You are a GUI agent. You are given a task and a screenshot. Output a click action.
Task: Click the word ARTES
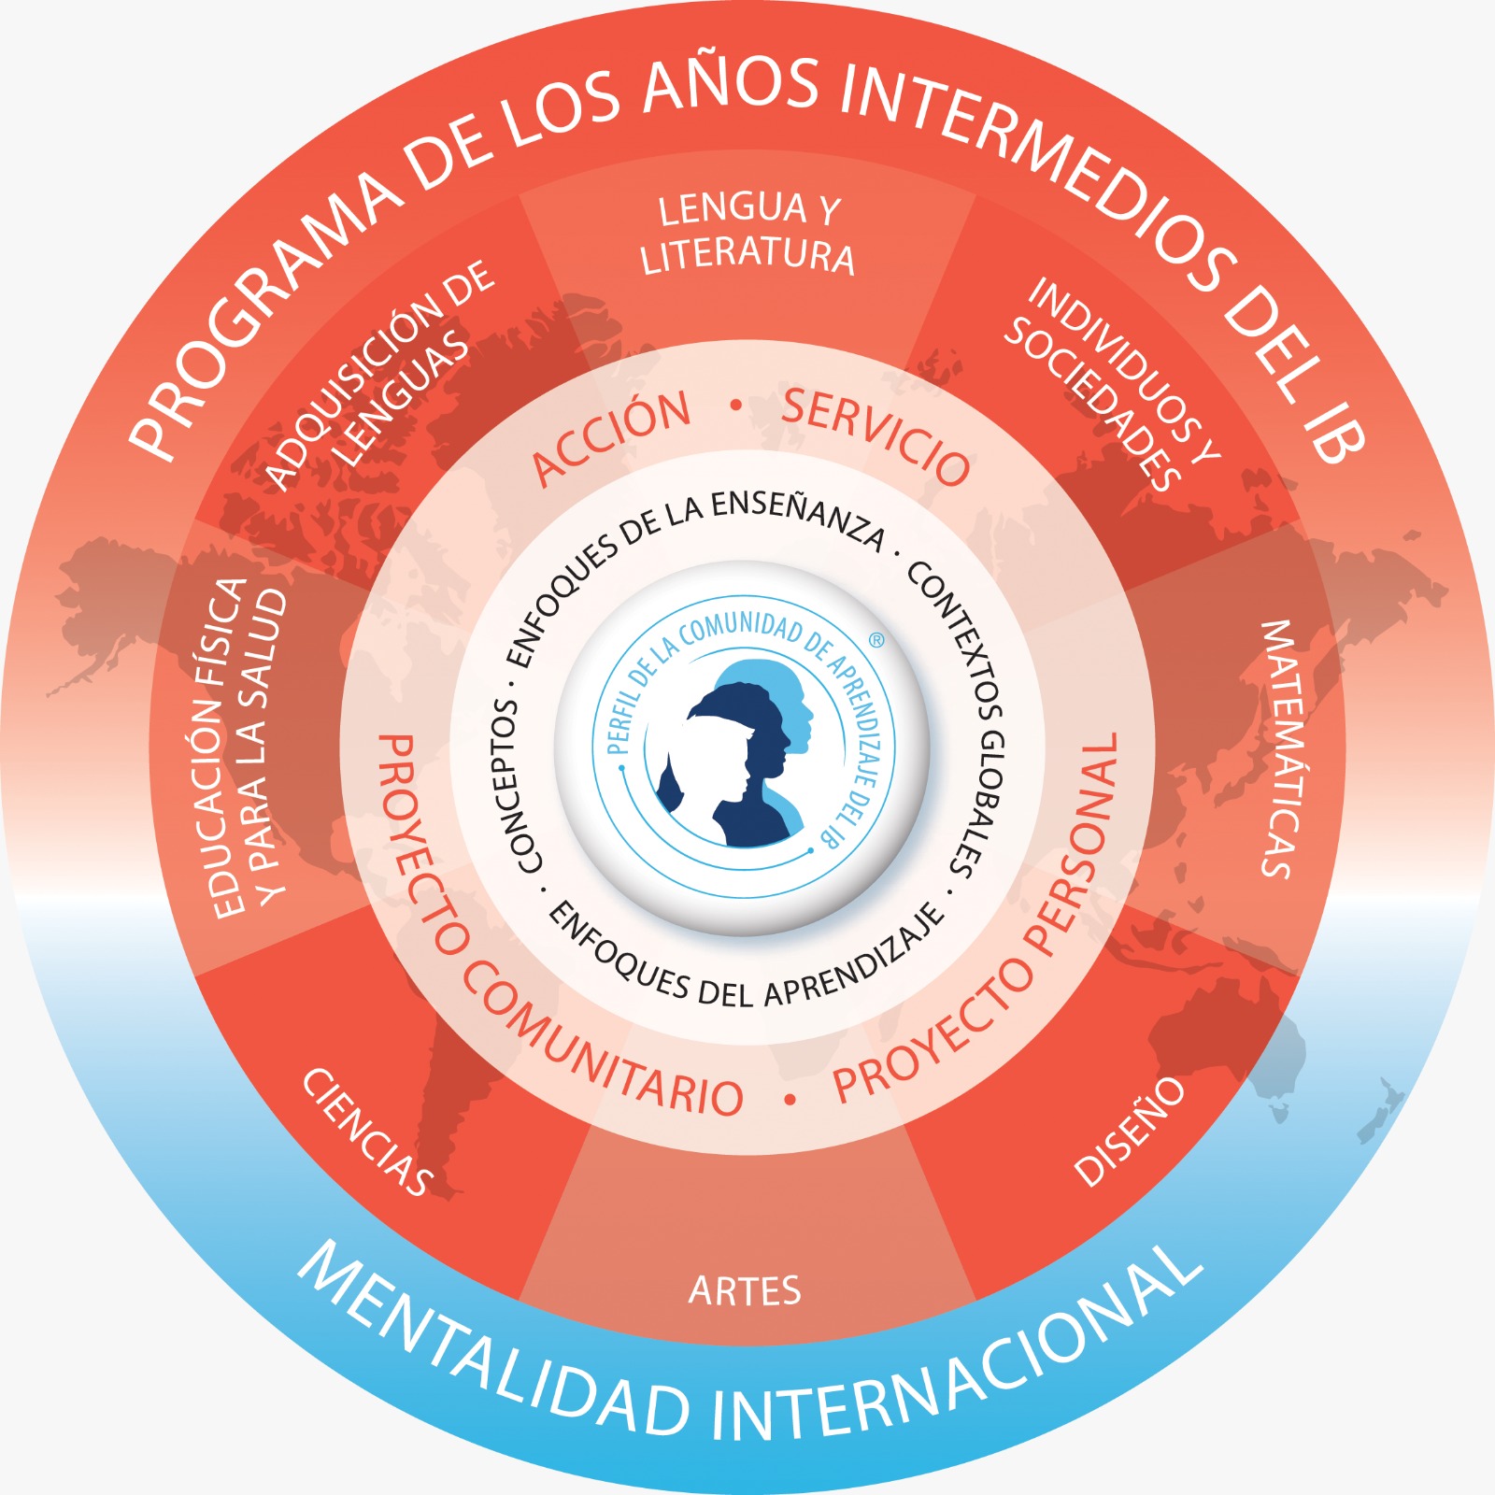pos(745,1290)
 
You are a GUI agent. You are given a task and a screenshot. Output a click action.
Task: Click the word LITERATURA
pos(747,256)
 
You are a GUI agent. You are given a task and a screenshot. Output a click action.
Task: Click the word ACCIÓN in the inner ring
pos(612,437)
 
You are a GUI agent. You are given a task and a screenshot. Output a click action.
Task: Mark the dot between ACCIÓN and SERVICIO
pos(736,406)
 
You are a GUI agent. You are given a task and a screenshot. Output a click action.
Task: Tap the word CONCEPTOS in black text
pos(509,786)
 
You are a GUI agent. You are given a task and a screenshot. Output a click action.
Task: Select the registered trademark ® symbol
pos(876,641)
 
